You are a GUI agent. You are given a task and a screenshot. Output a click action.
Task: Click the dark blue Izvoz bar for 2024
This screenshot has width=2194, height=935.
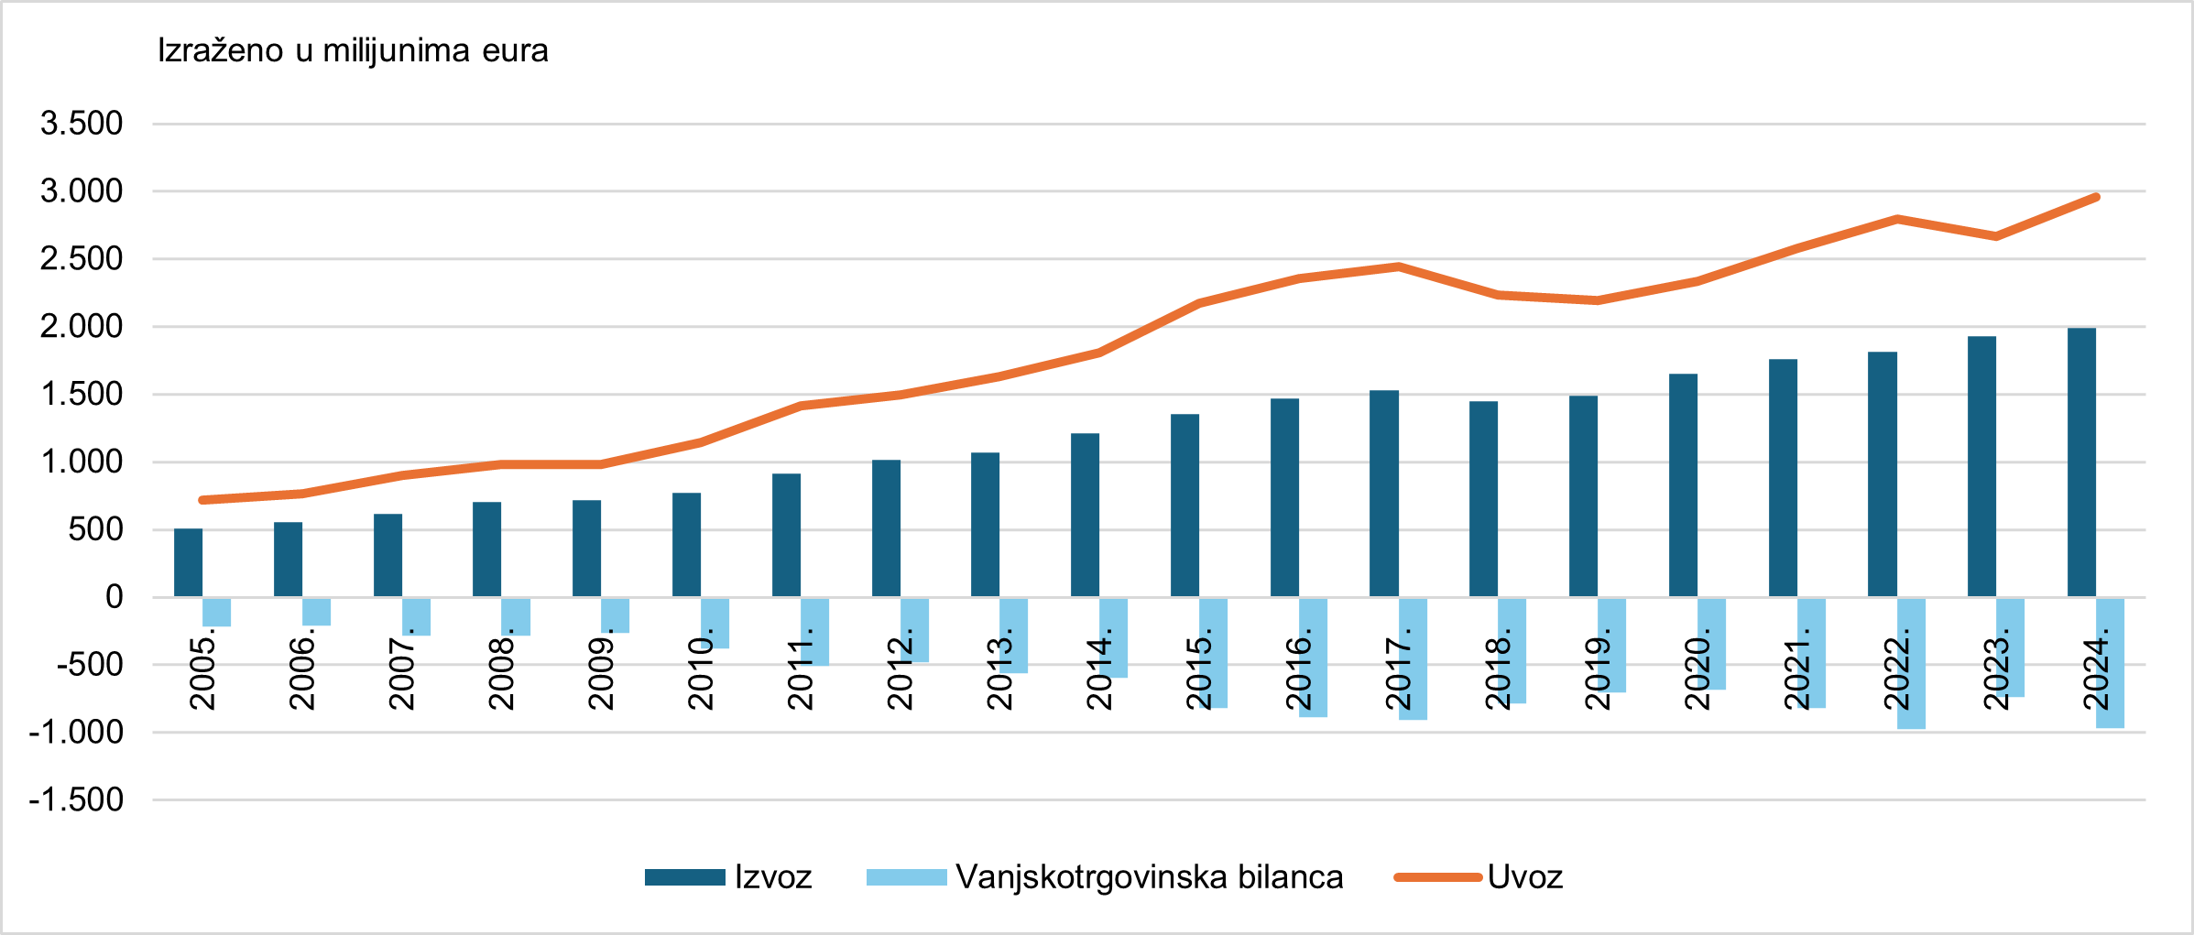2081,462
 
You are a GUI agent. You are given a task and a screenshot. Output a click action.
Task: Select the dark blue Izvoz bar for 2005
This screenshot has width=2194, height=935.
188,562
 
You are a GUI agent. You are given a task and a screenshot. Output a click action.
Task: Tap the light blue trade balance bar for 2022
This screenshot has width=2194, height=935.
1911,663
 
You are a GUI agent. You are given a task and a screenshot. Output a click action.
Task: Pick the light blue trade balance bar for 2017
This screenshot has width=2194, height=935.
1413,658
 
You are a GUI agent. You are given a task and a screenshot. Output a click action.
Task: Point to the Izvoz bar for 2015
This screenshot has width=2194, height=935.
1184,506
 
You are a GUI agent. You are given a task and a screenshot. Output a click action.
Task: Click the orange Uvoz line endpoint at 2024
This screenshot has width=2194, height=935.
2096,198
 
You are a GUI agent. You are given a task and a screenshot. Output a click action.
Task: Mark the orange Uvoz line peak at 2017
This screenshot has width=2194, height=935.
1399,266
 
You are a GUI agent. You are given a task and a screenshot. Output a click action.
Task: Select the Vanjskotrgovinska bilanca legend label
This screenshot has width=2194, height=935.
1149,877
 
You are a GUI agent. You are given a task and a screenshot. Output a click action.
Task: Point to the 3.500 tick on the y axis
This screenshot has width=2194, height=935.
82,123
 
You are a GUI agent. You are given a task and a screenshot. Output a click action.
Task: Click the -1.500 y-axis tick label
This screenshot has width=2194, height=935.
76,799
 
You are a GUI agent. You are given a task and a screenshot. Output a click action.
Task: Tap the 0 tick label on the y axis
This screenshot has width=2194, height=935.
114,597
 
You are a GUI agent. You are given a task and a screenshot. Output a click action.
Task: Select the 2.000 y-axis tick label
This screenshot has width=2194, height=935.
82,326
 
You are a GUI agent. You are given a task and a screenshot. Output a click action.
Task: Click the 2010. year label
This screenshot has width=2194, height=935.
701,674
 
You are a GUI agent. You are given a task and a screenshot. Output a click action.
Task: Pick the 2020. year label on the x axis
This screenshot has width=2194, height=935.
1697,674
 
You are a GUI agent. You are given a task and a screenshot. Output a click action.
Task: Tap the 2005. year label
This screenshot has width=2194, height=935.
202,674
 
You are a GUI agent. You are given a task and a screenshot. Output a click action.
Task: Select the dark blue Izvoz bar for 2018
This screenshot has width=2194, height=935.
1483,499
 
